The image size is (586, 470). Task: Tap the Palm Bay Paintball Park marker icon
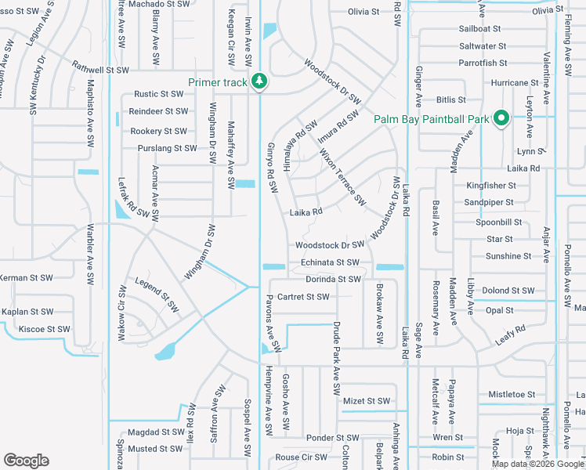coord(501,119)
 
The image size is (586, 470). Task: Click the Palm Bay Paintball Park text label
coord(431,119)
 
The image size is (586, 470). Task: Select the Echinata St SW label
coord(330,262)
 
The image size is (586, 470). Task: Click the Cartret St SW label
coord(303,297)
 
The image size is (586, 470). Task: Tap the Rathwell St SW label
coord(99,70)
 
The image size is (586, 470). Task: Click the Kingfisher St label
coord(490,186)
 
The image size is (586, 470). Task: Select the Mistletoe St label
coord(511,395)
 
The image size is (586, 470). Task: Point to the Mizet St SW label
coord(367,401)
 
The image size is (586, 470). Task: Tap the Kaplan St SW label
coord(27,312)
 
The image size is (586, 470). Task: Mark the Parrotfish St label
coord(483,63)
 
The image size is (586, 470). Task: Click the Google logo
coord(26,461)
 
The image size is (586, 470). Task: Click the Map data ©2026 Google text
coord(538,464)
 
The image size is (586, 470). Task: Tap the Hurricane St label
coord(513,82)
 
